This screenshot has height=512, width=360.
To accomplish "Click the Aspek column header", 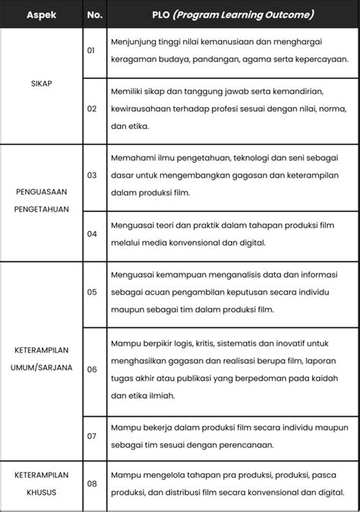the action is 42,14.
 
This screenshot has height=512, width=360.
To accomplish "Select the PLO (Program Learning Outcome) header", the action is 232,14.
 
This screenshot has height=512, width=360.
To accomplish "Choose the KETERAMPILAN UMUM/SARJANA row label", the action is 42,359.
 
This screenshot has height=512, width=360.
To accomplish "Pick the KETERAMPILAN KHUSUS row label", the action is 42,483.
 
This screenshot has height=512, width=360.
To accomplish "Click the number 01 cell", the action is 92,50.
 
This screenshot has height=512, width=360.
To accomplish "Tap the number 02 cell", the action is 92,108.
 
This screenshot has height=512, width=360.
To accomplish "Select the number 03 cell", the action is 92,175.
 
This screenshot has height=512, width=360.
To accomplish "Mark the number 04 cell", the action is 92,233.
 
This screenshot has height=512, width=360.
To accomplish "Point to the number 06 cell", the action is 92,368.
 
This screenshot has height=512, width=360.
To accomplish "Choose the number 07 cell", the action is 92,436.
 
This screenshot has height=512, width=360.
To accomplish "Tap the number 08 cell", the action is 92,483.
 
